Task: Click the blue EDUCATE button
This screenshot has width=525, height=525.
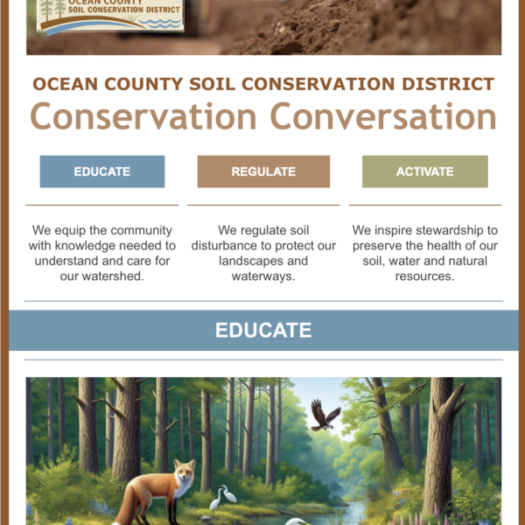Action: coord(102,171)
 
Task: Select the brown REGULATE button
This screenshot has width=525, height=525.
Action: coord(263,171)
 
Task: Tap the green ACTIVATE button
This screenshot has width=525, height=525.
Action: coord(425,171)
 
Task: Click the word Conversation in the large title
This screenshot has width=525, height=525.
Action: coord(383,116)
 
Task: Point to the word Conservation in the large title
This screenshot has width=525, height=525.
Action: coord(143,116)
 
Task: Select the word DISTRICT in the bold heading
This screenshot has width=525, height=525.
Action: coord(448,84)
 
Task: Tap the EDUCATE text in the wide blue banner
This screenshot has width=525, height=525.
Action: coord(263,330)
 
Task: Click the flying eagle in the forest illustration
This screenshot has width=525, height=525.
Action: coord(325,415)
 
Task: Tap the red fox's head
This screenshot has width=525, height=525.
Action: coord(185,472)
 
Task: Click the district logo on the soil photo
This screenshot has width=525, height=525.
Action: coord(110,16)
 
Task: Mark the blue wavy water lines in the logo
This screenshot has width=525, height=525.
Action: coord(160,23)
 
